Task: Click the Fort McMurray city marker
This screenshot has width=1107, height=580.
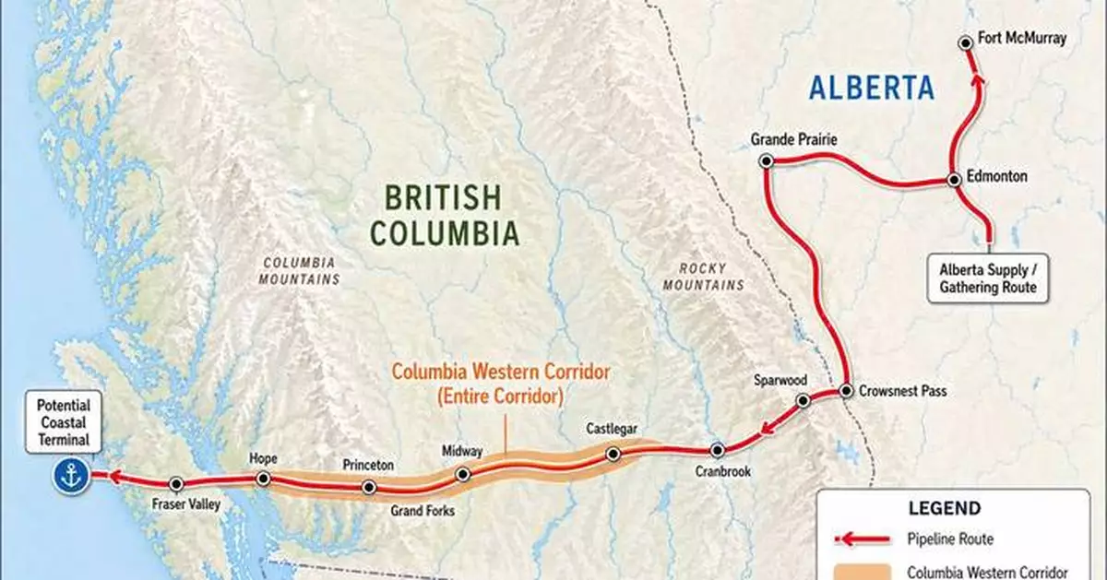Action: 965,41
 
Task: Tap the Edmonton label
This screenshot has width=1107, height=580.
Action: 997,176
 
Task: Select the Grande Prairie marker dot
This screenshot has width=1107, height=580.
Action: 765,160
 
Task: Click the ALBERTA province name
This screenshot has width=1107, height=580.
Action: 872,89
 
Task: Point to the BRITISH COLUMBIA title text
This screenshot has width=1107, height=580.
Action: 445,214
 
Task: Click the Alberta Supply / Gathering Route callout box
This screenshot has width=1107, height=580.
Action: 988,278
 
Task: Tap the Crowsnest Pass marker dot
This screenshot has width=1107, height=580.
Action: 845,391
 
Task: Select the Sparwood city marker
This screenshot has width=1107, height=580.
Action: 803,400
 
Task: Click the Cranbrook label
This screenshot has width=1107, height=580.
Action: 723,472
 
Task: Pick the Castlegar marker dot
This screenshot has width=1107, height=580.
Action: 613,453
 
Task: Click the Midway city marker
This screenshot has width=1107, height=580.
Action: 463,474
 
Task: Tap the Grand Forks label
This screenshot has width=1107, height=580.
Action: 423,511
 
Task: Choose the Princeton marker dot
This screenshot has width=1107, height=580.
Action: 369,487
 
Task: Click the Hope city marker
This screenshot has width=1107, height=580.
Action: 263,479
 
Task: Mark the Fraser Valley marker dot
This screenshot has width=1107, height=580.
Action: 176,483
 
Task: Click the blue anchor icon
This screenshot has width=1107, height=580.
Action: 71,476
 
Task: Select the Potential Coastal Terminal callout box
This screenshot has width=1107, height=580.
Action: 64,422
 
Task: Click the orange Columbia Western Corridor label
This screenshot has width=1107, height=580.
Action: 501,384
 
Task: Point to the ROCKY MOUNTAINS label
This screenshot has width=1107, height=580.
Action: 703,277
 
